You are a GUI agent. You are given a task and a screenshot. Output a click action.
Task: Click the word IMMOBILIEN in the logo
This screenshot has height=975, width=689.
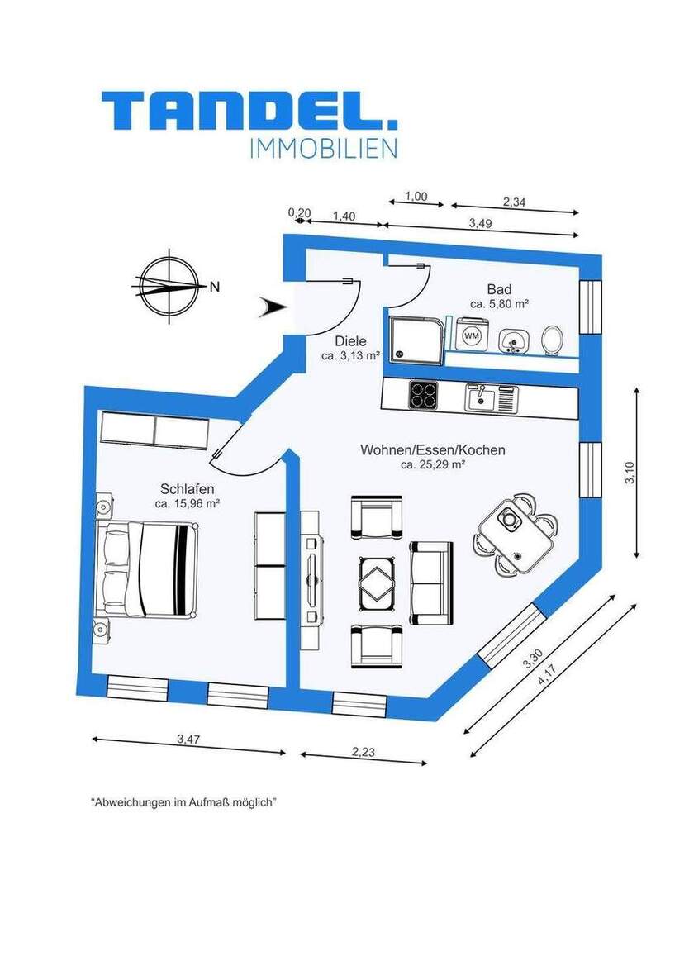322,148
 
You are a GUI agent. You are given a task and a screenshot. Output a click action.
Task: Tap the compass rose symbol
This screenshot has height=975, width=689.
169,285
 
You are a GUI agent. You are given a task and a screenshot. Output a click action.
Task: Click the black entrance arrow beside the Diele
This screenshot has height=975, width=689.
273,307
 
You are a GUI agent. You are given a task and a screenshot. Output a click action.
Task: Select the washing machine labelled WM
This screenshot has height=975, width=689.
472,335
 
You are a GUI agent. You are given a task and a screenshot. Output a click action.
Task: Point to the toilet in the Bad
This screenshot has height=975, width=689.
552,338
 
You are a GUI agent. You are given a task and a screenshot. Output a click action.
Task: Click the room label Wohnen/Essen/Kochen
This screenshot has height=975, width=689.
432,450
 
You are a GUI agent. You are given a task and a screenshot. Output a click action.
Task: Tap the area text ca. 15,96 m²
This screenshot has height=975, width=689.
187,502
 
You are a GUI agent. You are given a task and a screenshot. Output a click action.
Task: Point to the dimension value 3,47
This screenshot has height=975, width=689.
188,740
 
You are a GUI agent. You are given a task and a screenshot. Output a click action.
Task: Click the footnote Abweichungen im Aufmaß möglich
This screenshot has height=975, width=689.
183,802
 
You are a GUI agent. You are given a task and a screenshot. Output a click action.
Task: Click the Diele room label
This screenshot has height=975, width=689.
350,340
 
